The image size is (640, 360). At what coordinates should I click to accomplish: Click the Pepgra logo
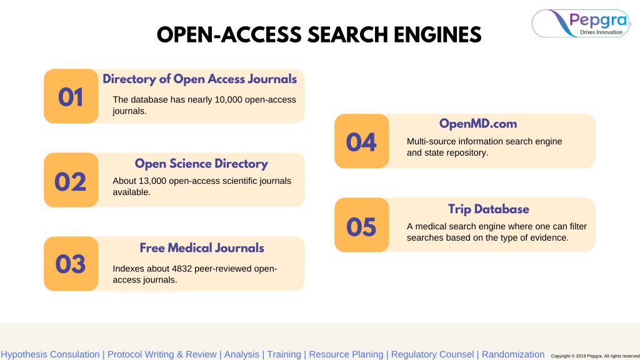[581, 23]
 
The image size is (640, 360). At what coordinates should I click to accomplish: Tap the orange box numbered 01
[71, 96]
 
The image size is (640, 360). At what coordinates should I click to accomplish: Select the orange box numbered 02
[71, 180]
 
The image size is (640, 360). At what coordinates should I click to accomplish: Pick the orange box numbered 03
[71, 264]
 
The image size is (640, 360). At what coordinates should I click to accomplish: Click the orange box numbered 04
[362, 141]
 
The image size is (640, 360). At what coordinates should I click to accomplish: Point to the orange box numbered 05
[362, 225]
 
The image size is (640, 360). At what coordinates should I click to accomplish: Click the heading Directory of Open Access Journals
[199, 79]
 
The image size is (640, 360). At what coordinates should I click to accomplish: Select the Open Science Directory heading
[201, 163]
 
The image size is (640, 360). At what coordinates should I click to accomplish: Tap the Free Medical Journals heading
[202, 247]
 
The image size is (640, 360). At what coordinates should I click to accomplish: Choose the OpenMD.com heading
[478, 124]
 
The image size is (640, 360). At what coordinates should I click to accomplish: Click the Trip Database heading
[489, 209]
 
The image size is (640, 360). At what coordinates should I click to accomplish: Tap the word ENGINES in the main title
[437, 35]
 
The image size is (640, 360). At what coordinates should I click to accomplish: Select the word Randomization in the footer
[513, 354]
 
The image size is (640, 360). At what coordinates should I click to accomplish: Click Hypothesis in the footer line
[24, 355]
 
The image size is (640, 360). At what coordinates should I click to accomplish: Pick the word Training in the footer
[284, 355]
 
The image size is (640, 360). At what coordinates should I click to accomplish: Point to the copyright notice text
[595, 356]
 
